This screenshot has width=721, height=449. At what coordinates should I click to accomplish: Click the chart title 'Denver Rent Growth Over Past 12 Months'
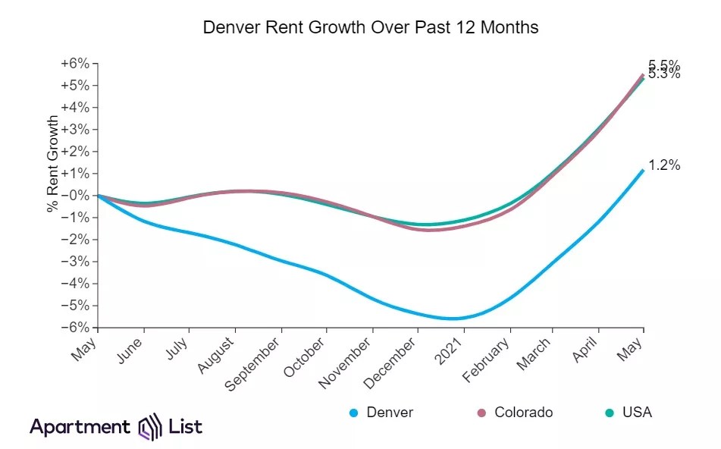pos(371,27)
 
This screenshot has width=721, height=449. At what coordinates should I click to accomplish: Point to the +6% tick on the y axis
pos(76,64)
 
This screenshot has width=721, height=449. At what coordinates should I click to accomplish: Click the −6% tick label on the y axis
pos(76,328)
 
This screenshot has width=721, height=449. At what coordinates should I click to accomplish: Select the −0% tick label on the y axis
pos(76,196)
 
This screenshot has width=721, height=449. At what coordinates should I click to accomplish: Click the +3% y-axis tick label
pos(76,130)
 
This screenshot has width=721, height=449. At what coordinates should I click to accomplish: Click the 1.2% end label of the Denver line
pos(664,165)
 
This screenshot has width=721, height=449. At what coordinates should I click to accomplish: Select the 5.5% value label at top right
pos(664,64)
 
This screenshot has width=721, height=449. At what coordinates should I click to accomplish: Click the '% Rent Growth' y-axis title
pos(53,164)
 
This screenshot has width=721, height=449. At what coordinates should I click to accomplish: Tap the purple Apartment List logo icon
pos(149,427)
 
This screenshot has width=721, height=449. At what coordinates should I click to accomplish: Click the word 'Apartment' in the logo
pos(80,427)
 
